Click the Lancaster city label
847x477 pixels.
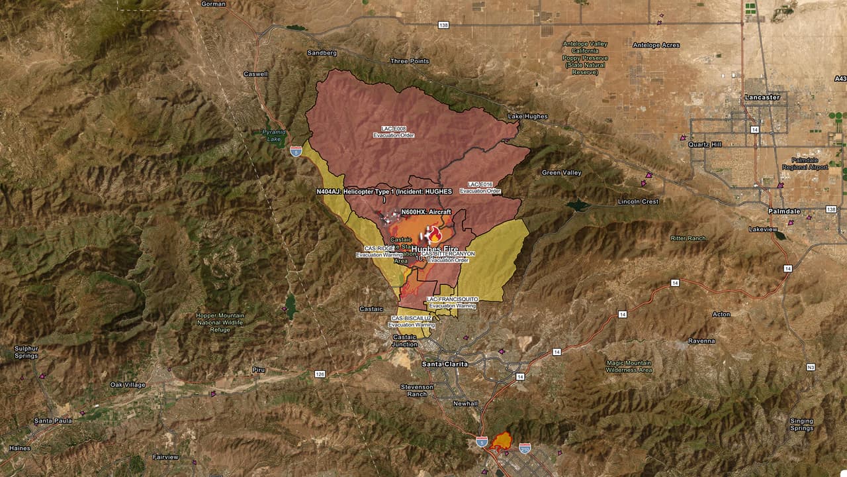762,97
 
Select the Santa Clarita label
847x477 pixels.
445,364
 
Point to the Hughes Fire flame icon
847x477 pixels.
434,235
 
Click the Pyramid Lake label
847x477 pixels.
273,136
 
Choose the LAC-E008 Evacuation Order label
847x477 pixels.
394,132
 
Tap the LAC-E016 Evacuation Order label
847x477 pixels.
480,187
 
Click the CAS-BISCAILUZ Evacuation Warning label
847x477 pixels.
412,321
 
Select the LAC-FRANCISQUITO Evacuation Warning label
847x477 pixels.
453,303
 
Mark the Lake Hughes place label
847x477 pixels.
527,117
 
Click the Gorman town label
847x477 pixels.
213,4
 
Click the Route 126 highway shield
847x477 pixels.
320,374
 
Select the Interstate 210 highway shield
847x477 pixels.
525,449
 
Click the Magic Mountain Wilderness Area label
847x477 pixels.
629,366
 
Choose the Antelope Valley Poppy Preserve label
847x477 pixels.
585,58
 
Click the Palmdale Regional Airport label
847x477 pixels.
809,164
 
